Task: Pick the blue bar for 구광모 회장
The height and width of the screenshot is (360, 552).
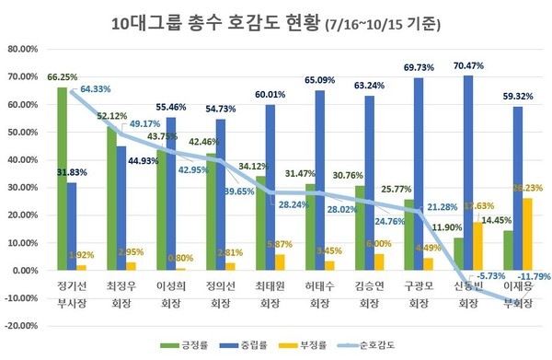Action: [x=419, y=174]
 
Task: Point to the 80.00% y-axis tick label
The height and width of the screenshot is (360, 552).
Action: [x=28, y=49]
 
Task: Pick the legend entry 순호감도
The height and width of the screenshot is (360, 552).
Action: [x=378, y=345]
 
